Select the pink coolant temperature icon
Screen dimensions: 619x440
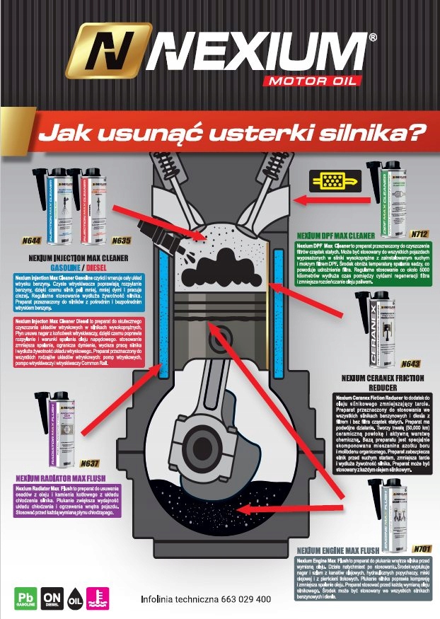(x=95, y=598)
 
